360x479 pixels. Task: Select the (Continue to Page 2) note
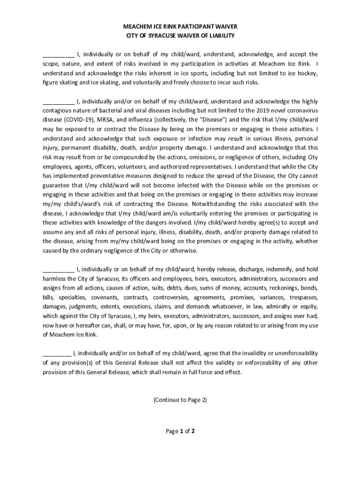click(x=180, y=400)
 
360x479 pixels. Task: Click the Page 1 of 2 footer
click(x=180, y=431)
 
